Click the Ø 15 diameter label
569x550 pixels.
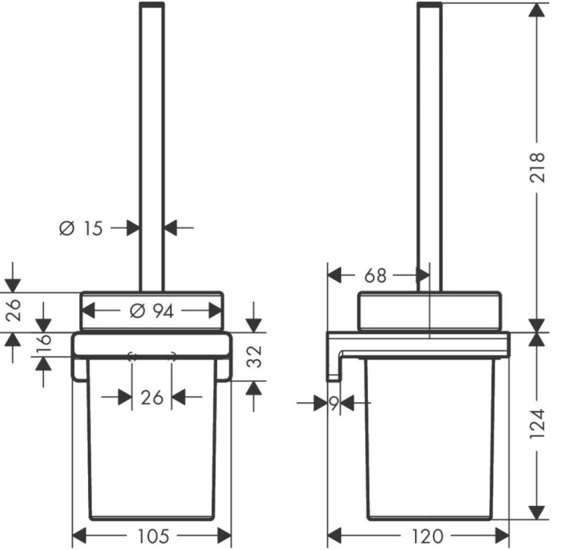coord(81,228)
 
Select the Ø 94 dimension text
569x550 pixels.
coord(152,311)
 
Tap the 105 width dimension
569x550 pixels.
coord(153,536)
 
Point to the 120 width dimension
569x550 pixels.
coord(427,536)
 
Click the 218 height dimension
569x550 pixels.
coord(537,167)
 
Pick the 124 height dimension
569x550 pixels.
coord(537,424)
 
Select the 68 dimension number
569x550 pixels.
coord(376,275)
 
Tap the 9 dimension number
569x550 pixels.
coord(334,403)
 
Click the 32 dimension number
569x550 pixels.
coord(254,357)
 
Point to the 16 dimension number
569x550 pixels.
coord(44,344)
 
